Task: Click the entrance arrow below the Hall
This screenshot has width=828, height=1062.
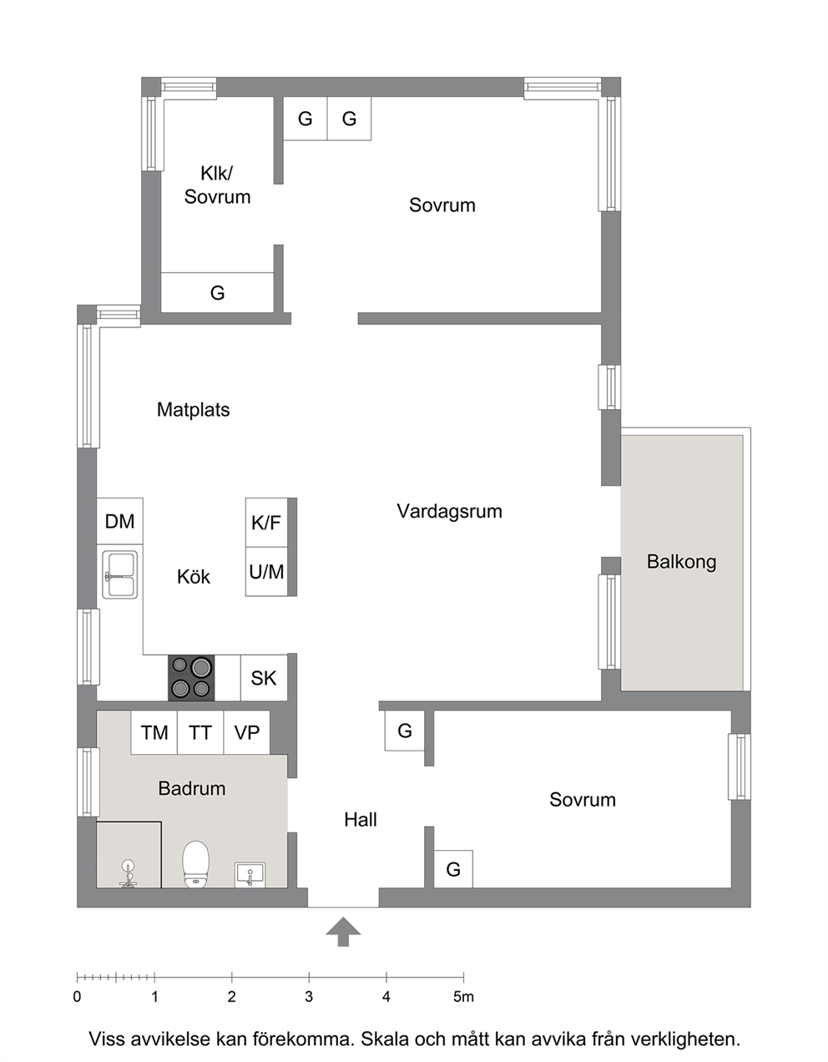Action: pos(343,932)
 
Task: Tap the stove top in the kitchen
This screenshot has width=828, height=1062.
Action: pos(191,678)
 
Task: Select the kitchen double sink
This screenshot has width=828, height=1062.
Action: pos(119,574)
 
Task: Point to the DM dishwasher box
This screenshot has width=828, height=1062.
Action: pos(119,521)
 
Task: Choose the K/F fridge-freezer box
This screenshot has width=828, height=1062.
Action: pos(266,523)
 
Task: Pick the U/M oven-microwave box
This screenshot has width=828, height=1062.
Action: pos(266,571)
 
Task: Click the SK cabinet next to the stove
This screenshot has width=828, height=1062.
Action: pos(264,678)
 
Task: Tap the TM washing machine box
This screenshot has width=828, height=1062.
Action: pos(154,732)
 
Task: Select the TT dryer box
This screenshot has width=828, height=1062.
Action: pos(200,732)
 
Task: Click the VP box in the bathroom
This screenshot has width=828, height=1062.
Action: pos(247,732)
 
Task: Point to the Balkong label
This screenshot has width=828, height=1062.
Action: pos(681,562)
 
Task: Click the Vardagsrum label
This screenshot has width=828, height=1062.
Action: pos(449,511)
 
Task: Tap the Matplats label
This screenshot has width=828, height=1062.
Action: pos(193,410)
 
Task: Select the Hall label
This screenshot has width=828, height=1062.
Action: pos(361,820)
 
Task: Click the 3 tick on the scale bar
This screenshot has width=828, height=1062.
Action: pos(309,977)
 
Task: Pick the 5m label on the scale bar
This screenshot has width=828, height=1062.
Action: pos(463,997)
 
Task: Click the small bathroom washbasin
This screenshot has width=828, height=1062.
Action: pos(250,875)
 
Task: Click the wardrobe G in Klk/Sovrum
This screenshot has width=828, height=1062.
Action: pos(217,292)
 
